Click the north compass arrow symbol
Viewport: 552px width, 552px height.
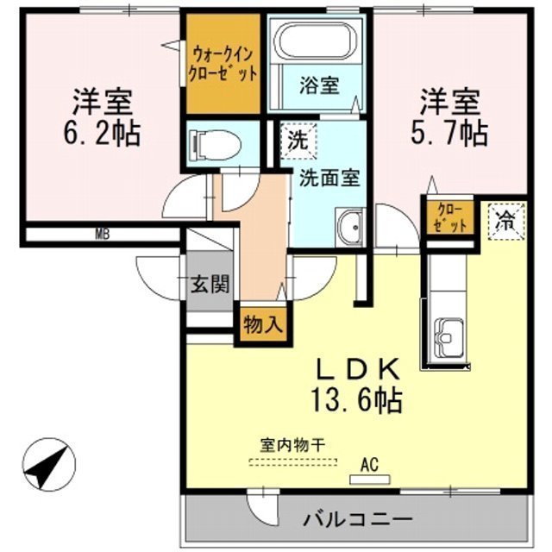click(47, 467)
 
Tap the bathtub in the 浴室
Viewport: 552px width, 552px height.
click(316, 42)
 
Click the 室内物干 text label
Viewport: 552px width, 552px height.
click(292, 446)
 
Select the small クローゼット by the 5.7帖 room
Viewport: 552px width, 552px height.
click(448, 216)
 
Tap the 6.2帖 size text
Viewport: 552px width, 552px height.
click(102, 134)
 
